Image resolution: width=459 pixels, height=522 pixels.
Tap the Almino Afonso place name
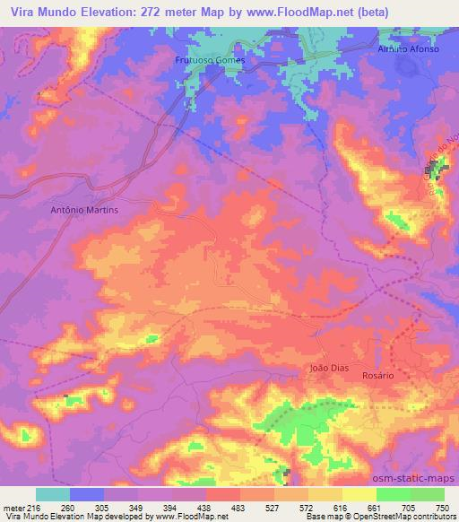click(408, 49)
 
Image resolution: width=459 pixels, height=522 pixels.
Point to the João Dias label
click(327, 368)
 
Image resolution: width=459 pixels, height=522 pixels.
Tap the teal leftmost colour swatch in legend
click(53, 494)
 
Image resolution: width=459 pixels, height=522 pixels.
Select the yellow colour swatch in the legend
click(359, 494)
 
